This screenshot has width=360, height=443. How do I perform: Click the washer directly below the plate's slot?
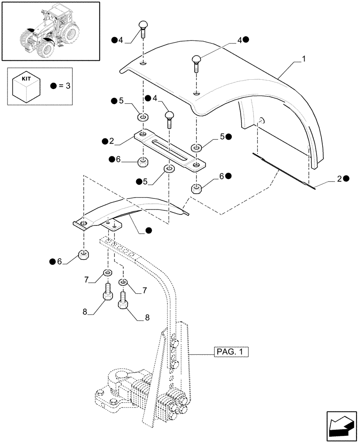(x=169, y=169)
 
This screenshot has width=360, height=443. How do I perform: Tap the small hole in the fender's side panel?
(x=262, y=120)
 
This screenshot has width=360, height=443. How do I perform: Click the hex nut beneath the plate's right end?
(x=196, y=190)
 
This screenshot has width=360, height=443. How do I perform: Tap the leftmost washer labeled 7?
(x=107, y=272)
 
